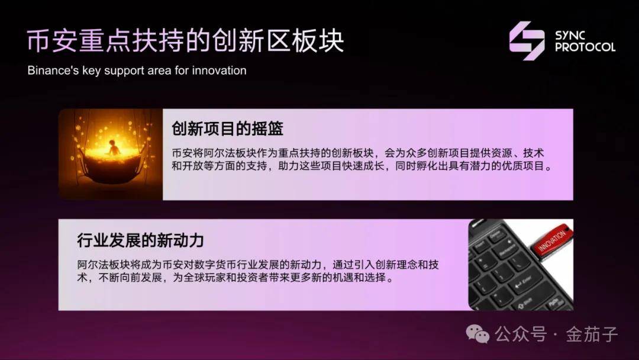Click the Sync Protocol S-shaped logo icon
pos(527,41)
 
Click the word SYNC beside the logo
pos(570,36)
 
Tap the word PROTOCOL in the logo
pos(585,47)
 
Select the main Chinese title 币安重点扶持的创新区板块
pos(185,41)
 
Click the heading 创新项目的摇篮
pos(227,129)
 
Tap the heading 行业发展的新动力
pos(140,240)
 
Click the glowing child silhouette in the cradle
pos(112,147)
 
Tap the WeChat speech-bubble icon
pos(477,334)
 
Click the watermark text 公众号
pos(521,335)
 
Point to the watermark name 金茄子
pos(592,335)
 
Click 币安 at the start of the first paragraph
pos(182,153)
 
